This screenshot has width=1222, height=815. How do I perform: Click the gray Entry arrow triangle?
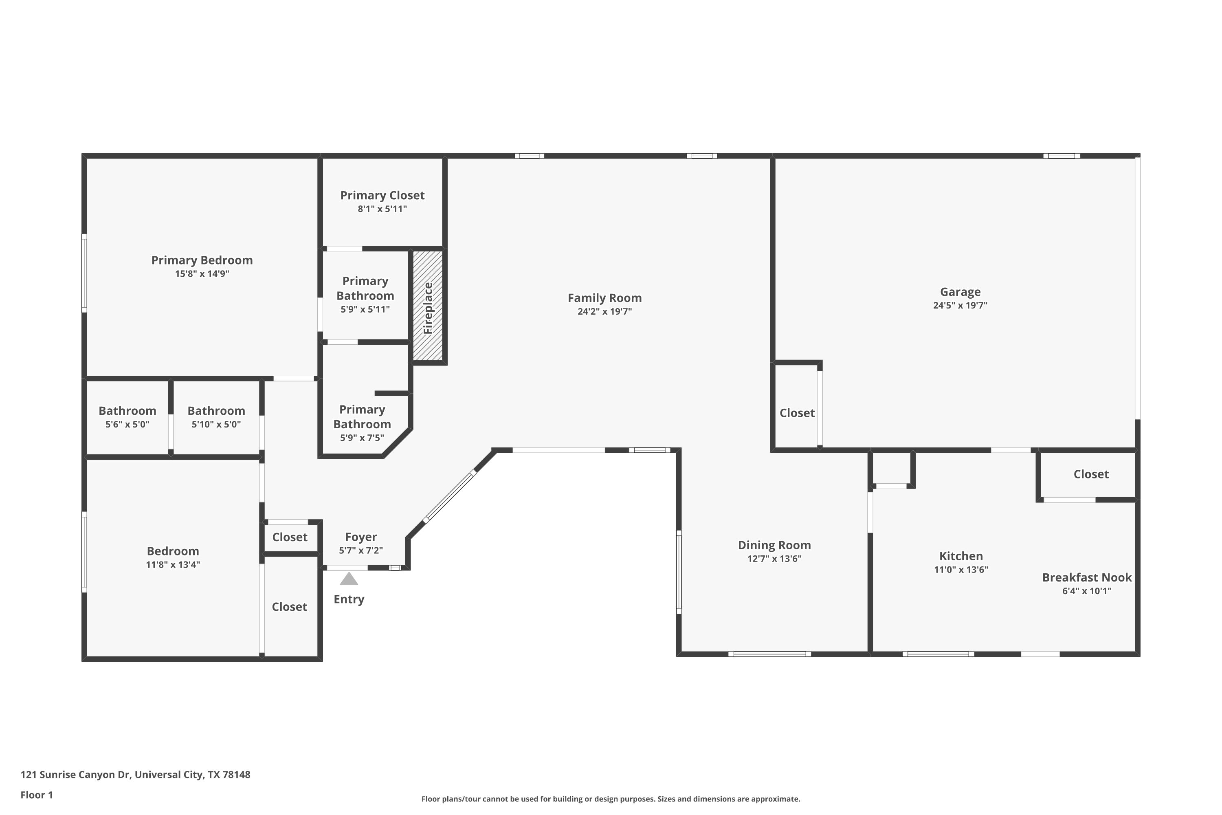(349, 579)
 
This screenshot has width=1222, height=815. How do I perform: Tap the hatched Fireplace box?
(428, 306)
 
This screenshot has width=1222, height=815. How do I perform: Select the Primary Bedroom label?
(202, 260)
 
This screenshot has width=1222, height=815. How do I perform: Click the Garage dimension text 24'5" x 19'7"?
(960, 306)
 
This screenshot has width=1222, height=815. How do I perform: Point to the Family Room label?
(605, 298)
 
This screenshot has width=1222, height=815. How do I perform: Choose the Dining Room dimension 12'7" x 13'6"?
(774, 559)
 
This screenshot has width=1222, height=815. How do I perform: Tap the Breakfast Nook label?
(1087, 577)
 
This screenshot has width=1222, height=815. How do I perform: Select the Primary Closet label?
(382, 196)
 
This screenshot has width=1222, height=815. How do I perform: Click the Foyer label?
(361, 537)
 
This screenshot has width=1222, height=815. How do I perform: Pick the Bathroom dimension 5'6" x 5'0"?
(127, 424)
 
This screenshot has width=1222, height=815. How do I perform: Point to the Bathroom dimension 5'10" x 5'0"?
(216, 424)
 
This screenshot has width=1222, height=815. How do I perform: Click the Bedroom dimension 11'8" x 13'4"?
(173, 564)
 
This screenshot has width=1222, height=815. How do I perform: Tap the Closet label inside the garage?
(797, 413)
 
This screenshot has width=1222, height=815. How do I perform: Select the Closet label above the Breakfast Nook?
(1091, 474)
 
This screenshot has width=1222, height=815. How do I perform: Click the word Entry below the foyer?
(349, 599)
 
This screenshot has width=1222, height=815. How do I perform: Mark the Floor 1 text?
(37, 795)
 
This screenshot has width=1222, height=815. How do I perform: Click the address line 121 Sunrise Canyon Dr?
(136, 775)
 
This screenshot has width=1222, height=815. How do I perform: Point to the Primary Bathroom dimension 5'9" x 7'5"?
(362, 438)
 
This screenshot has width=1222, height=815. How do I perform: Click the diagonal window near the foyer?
(449, 496)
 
